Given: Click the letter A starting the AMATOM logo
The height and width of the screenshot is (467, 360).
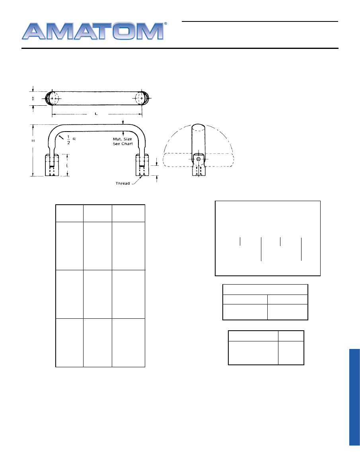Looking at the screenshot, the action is tap(33, 31).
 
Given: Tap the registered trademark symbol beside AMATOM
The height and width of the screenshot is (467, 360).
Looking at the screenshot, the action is tap(165, 24).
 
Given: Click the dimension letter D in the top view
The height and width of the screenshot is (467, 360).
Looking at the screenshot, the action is tap(33, 99).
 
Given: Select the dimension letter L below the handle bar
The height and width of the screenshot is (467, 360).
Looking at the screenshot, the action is tap(96, 114).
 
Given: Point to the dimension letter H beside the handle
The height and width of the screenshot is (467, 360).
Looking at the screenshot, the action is tap(33, 141).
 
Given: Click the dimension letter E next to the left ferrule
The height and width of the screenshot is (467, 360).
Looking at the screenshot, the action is tap(67, 165).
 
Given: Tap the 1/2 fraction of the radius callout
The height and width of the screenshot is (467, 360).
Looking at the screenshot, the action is tap(68, 140).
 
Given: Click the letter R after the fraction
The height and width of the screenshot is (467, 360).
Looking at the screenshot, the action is tap(74, 139).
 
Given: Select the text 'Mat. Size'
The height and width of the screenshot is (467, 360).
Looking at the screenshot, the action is tap(122, 139).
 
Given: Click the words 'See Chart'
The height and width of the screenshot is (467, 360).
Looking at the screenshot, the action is tap(123, 144).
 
